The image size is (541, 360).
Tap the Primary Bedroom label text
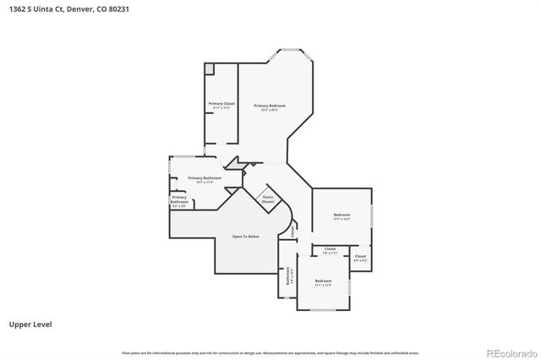click(270, 106)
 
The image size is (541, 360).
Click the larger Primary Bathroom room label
click(205, 177)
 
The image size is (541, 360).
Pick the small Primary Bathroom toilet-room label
click(179, 199)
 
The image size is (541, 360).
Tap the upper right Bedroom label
click(342, 215)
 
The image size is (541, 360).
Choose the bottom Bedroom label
click(324, 281)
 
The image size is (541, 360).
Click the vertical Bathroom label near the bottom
click(288, 275)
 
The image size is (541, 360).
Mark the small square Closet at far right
click(360, 256)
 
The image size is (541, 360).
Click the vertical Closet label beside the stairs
click(292, 230)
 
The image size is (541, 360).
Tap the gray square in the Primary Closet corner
click(210, 68)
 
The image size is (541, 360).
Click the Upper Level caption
click(28, 324)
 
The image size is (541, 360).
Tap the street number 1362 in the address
click(14, 8)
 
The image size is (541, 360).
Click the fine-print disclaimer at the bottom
click(270, 352)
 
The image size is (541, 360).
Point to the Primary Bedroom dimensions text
click(270, 110)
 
